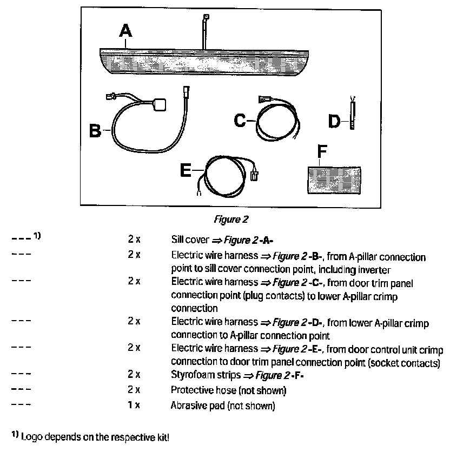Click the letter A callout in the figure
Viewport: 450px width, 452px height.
(125, 32)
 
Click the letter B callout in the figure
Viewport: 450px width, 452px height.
(95, 131)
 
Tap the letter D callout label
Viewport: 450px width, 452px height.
(335, 122)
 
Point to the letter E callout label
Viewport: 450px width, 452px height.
(186, 170)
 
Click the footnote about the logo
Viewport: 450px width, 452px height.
(91, 436)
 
